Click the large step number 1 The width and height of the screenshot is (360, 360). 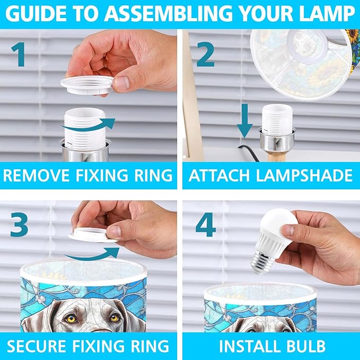coord(18,55)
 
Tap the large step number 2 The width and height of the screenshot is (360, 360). coord(206,55)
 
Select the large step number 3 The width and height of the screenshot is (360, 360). coord(19,224)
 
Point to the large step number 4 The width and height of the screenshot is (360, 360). coord(206,224)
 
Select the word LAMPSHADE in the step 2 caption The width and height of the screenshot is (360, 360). coord(304,175)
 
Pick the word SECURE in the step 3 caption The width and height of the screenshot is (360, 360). coord(36,346)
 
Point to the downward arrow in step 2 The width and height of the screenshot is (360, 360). coord(245,121)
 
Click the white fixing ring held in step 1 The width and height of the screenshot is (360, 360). coord(87,85)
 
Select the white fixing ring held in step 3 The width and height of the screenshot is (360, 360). coord(93,235)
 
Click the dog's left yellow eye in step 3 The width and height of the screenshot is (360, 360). coord(72,319)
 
